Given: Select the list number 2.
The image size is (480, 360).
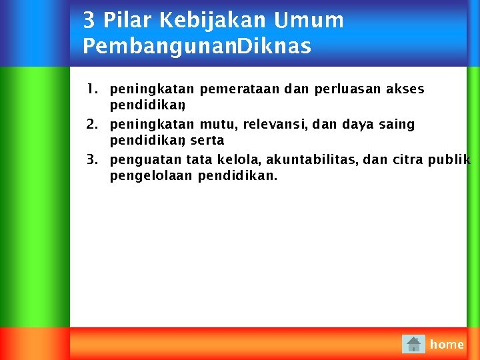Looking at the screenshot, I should pos(92,124).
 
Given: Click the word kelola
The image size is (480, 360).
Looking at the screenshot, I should pos(238,160).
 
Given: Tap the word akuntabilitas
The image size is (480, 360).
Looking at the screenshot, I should pos(311,160).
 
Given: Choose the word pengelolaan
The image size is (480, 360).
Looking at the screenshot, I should pos(151,176).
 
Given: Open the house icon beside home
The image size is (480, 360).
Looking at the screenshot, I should pos(414,344).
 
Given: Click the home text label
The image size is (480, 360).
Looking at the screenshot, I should pos(447,345).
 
